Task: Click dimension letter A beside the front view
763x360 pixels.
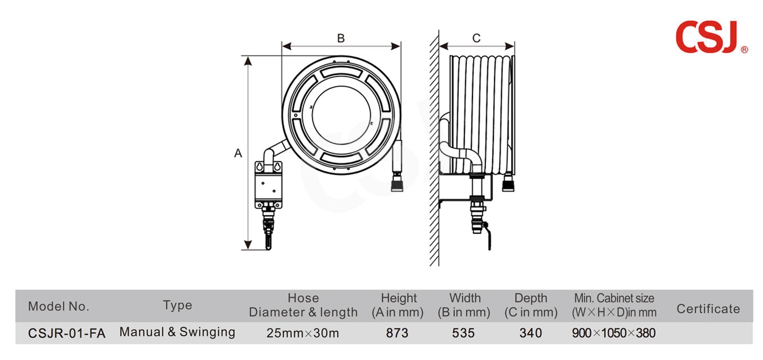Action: coord(238,153)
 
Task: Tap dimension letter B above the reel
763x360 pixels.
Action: coord(341,38)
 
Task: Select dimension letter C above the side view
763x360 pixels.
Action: coord(476,38)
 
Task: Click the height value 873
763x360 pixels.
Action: coord(397,333)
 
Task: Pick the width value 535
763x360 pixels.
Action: coord(463,333)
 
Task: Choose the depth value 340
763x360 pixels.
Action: coord(530,333)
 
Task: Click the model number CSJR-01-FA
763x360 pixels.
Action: coord(67,333)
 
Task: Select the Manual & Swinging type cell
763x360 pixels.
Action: coord(177,332)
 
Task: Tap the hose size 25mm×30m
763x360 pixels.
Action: coord(302,333)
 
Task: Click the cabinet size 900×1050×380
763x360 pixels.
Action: coord(613,333)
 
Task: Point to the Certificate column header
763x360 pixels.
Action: coord(708,309)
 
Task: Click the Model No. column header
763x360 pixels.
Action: coord(59,306)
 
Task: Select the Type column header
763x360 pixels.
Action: coord(177,305)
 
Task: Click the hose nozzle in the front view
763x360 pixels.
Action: coord(397,183)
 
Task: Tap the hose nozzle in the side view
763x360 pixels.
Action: coord(508,183)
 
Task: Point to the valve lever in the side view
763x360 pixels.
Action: coord(488,236)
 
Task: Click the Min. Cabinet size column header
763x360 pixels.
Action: coord(614,305)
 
